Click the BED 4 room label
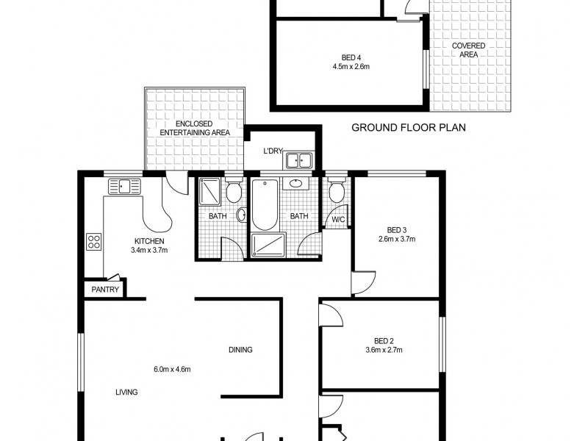click(351, 57)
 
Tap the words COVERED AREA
click(468, 50)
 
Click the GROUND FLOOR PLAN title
click(409, 127)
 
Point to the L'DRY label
click(273, 152)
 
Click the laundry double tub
click(300, 160)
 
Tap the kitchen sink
click(125, 185)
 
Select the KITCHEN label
click(148, 241)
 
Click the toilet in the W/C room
click(337, 193)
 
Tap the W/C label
click(338, 219)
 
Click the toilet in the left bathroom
click(234, 193)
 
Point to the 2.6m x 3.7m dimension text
click(397, 239)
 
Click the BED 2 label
click(384, 340)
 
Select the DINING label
click(240, 350)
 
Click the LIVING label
click(126, 392)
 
